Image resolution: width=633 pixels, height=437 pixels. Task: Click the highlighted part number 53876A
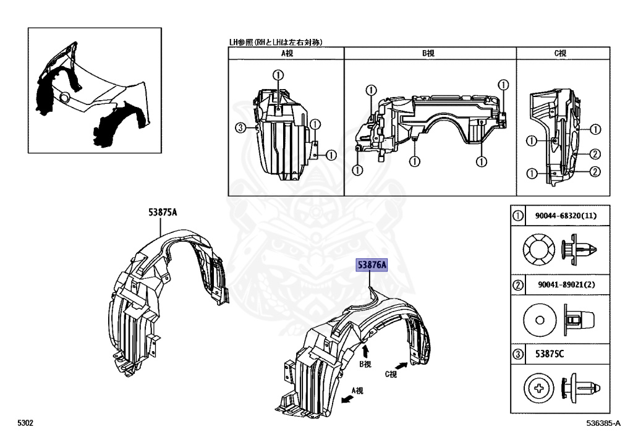tap(371, 265)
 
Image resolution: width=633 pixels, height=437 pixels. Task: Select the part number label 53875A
tap(163, 213)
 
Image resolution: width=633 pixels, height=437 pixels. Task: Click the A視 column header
tap(287, 54)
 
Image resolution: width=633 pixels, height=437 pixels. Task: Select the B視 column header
tap(428, 54)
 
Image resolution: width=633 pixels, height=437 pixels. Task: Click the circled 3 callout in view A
tap(241, 128)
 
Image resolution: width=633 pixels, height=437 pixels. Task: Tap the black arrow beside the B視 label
tap(366, 350)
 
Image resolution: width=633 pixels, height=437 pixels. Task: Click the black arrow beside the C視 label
tap(402, 367)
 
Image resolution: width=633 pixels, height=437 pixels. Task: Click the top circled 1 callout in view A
tap(278, 75)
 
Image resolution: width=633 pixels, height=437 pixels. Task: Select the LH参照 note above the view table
tap(278, 42)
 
